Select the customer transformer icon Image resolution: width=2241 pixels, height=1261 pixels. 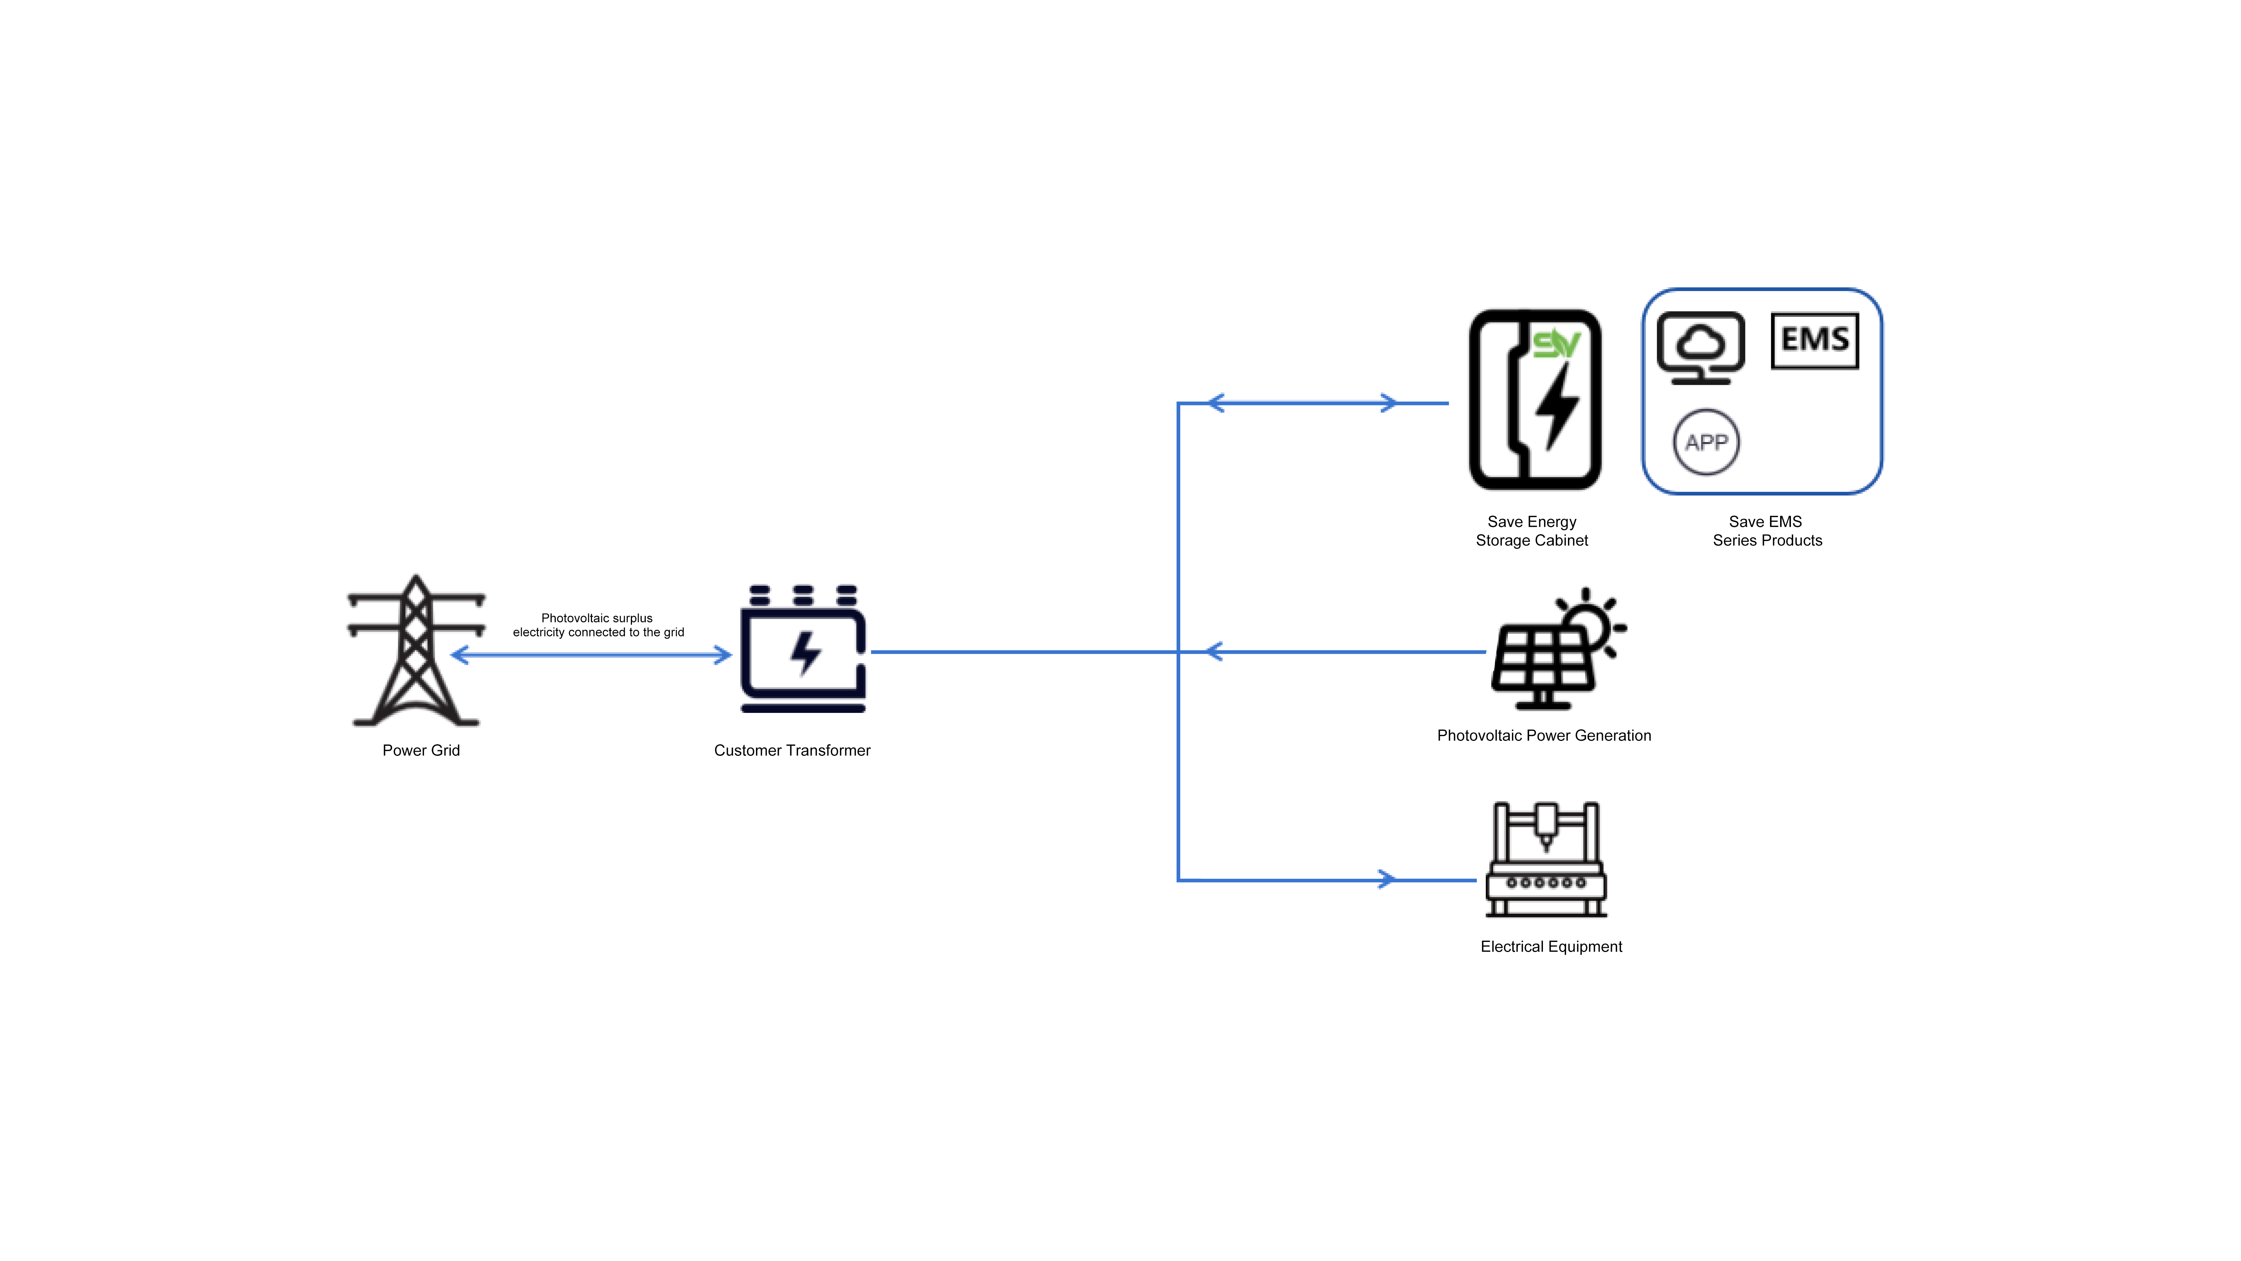click(x=803, y=648)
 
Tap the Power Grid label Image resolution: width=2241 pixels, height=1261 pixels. click(x=421, y=750)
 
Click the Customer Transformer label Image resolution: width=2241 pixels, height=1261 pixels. click(x=792, y=750)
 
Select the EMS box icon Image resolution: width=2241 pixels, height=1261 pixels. click(x=1815, y=340)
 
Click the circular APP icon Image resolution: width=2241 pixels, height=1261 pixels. click(x=1706, y=442)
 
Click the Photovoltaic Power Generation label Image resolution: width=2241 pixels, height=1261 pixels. click(x=1544, y=735)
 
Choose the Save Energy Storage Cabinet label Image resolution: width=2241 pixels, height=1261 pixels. click(x=1532, y=531)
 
